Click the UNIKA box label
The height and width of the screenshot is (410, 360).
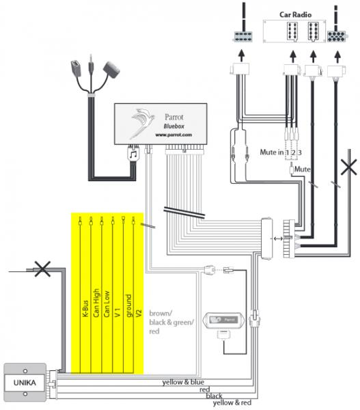pos(25,383)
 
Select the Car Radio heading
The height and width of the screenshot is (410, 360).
pos(295,14)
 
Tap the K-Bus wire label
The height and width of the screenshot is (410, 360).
pos(85,309)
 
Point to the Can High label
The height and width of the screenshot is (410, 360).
pos(96,303)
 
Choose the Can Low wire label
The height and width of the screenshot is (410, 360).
pos(107,304)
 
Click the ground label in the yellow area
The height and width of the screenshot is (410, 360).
pos(128,305)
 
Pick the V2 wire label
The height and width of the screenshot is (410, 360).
pos(139,313)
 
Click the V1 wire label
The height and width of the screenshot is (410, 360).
pos(117,312)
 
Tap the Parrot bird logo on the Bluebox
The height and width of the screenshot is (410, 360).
pos(143,122)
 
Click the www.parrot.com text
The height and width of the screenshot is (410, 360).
pos(174,135)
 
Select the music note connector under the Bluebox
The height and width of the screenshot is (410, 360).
pos(133,154)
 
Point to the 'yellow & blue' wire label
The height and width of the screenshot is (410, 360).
pos(183,382)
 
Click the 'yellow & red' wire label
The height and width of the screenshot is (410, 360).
pos(232,402)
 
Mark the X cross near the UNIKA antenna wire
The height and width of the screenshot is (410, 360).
pos(42,269)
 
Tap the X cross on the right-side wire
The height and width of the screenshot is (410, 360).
pos(349,167)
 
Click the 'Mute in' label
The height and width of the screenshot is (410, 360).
pos(272,152)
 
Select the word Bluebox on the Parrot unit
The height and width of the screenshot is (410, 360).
pos(174,126)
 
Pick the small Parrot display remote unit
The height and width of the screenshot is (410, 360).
pos(224,320)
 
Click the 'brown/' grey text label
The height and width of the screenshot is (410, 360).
pos(161,313)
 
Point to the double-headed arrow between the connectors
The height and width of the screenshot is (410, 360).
pos(278,238)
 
